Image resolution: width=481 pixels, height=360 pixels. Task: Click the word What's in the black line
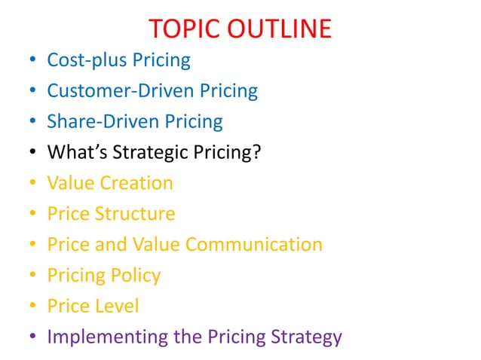pos(72,152)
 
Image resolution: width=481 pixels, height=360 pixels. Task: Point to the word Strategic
pos(143,152)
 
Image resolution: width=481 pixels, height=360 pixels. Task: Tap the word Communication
pos(254,245)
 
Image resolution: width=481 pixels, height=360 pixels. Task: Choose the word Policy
pos(135,276)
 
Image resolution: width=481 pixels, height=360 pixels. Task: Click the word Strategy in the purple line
pos(304,337)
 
